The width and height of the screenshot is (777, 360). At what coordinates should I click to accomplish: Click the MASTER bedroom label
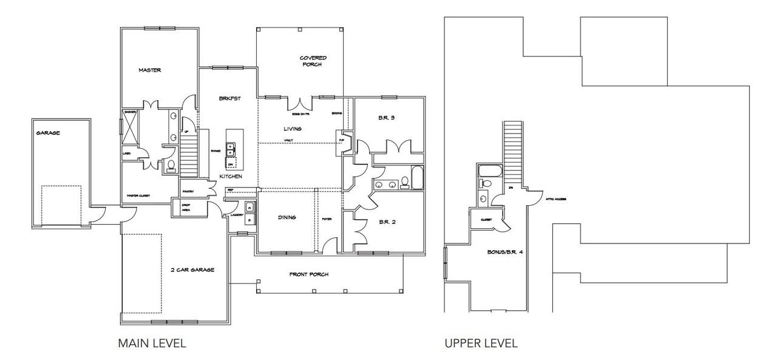tap(149, 70)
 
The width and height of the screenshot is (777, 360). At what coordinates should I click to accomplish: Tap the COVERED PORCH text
tap(310, 61)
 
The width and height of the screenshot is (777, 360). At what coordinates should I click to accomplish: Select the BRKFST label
tap(230, 98)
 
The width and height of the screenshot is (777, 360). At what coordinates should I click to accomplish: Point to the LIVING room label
tap(293, 129)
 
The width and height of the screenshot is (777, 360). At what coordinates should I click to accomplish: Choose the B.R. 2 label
tap(387, 222)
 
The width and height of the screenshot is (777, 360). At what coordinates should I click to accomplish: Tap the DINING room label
tap(287, 217)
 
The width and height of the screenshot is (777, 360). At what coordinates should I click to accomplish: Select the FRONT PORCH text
tap(309, 274)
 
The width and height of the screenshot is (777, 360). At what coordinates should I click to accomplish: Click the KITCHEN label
tap(231, 176)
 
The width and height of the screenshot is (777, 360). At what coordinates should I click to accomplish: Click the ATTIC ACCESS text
tap(555, 199)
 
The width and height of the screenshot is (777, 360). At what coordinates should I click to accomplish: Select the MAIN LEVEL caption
tap(152, 343)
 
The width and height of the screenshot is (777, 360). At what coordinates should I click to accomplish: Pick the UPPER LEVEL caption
tap(481, 343)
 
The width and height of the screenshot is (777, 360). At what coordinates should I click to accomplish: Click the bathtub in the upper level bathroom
tap(488, 170)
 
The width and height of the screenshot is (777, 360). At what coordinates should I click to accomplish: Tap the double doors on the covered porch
tap(297, 103)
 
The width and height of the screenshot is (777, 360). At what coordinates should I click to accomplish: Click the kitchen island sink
tap(231, 149)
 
